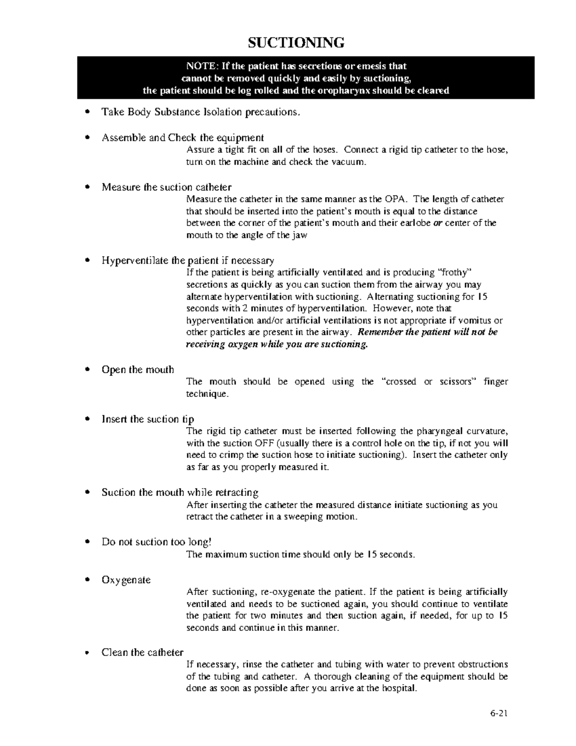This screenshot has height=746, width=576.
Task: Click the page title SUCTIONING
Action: pos(296,43)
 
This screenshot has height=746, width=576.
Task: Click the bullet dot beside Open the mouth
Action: pos(87,370)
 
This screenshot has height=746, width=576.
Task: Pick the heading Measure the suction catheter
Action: pos(166,187)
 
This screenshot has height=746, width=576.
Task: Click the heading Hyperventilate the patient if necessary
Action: pos(188,260)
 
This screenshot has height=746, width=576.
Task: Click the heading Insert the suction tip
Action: pos(147,419)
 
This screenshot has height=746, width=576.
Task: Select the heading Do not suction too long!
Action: pos(156,542)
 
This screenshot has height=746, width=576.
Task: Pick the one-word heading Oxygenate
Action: pos(126,580)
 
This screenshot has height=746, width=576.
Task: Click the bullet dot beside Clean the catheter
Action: pos(87,653)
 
